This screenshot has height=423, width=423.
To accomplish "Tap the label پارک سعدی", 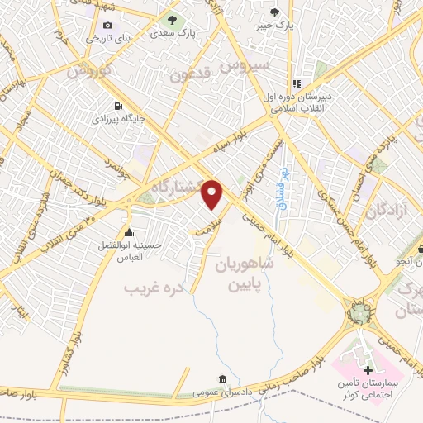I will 170,36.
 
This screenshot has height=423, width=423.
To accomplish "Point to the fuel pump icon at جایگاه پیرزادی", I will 121,106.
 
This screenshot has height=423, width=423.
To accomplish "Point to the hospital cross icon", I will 368,367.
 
